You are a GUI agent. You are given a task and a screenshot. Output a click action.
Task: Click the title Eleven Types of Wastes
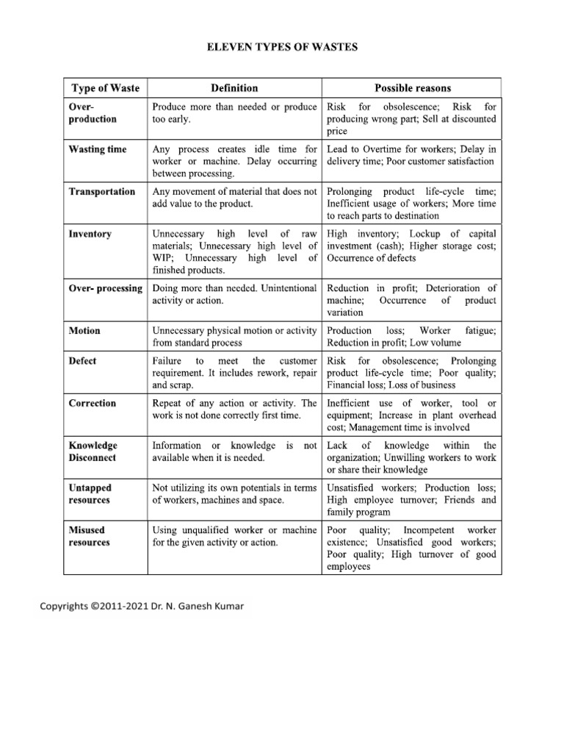[x=282, y=48]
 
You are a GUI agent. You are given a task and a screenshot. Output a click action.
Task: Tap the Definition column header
[x=234, y=88]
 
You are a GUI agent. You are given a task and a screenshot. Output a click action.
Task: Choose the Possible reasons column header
[x=413, y=88]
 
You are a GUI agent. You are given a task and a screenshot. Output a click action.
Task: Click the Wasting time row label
[x=98, y=149]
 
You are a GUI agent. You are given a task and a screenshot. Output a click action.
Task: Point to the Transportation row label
[x=102, y=192]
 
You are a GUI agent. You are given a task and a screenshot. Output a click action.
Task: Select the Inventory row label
[x=90, y=234]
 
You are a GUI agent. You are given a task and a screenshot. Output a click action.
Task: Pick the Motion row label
[x=84, y=331]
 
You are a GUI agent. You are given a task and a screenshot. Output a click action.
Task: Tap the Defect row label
[x=83, y=361]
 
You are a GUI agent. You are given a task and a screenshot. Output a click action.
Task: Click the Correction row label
[x=93, y=403]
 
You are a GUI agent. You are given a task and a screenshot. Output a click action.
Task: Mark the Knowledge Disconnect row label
[x=93, y=452]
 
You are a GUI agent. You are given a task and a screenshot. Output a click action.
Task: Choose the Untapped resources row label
[x=90, y=493]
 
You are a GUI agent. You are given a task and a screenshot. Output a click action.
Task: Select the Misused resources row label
[x=90, y=536]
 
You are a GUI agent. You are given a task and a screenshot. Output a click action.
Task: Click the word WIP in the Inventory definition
[x=163, y=258]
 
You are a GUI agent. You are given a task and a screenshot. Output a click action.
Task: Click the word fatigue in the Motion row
[x=480, y=331]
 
